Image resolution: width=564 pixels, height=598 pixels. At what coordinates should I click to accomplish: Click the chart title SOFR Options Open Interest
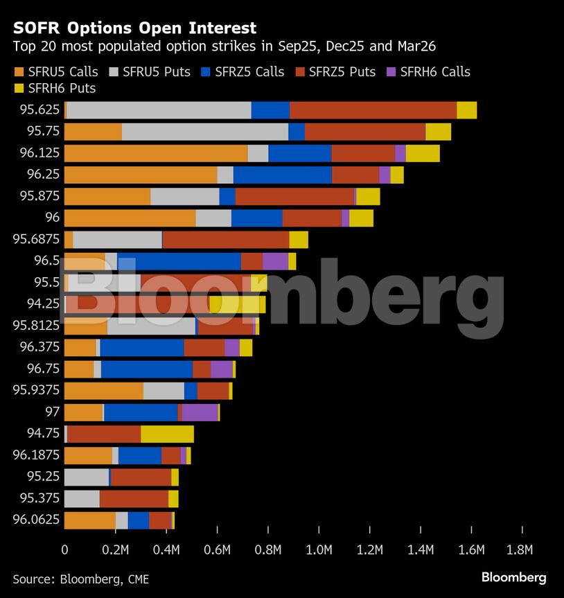coord(134,28)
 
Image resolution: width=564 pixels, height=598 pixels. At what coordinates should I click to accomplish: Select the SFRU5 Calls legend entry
coord(55,72)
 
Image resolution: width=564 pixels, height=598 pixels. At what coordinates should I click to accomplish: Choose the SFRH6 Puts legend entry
coord(55,88)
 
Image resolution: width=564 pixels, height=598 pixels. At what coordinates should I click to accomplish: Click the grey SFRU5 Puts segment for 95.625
coord(159,110)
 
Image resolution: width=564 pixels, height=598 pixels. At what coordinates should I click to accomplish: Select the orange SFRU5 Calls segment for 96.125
coord(155,153)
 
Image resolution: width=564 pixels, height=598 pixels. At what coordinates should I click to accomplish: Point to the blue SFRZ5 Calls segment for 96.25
coord(283,175)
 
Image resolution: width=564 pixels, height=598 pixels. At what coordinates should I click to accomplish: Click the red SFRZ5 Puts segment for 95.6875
coord(226,240)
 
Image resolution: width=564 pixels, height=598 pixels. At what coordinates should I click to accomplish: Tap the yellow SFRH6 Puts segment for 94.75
coord(167,434)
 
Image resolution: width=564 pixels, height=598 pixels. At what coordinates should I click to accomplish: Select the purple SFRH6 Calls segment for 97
coord(200,412)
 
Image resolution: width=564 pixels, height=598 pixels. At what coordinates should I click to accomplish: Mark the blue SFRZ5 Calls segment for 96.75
coord(147,369)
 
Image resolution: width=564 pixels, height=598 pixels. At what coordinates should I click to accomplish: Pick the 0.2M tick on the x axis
coord(115,551)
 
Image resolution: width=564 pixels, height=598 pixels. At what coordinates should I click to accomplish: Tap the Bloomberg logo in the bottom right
coord(513,577)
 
